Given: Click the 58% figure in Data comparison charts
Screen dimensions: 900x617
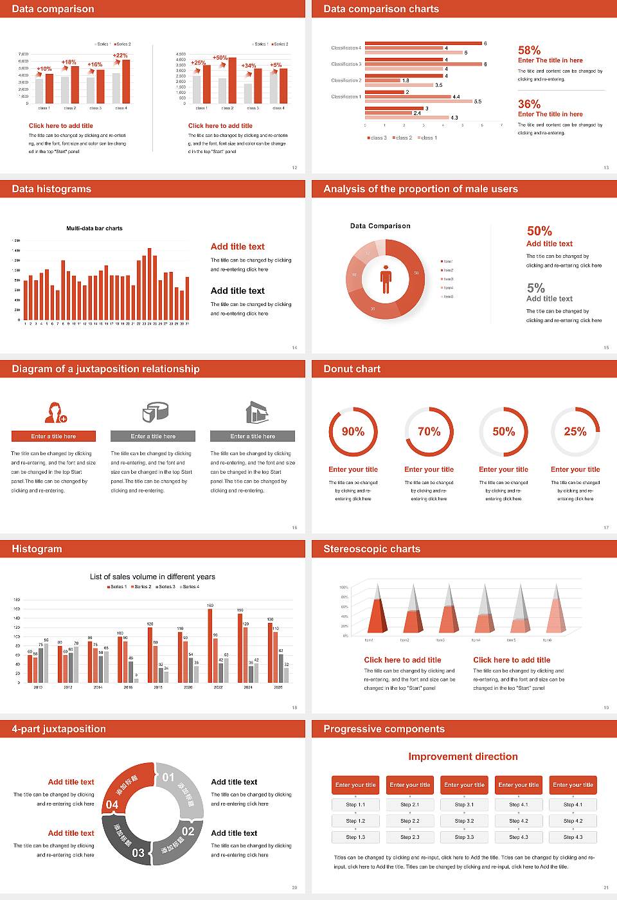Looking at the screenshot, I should (x=529, y=50).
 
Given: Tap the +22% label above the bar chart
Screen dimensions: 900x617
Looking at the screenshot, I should (x=120, y=55).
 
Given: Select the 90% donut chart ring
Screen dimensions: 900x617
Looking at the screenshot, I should (x=353, y=431).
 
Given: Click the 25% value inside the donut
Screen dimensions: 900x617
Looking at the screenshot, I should (x=575, y=431).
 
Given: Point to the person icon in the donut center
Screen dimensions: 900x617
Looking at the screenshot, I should (x=386, y=278).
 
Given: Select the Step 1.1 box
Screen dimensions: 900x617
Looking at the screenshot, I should (x=355, y=804).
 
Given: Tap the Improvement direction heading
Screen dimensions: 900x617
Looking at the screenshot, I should (x=463, y=757).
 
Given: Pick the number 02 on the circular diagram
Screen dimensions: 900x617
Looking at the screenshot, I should (x=188, y=831).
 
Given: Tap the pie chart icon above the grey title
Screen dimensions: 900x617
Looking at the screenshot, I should (x=155, y=411).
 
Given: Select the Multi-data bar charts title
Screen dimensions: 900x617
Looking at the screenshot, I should (x=94, y=228).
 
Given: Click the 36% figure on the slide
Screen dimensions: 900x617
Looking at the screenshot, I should (x=529, y=104).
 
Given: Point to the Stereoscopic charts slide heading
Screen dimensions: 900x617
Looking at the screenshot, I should (x=371, y=549).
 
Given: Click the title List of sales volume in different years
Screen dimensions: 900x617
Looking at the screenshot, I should (x=152, y=577).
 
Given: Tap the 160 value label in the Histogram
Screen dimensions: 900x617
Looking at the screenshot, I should (x=210, y=606).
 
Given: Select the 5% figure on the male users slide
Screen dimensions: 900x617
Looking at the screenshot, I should (x=535, y=288).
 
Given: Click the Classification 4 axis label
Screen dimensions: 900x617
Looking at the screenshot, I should (x=346, y=48).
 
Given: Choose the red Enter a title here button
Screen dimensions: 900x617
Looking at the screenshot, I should (x=54, y=436).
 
